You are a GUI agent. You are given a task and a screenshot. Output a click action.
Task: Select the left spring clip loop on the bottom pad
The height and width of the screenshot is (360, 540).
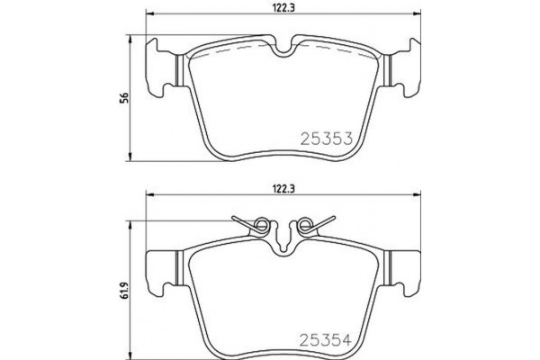(262, 225)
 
